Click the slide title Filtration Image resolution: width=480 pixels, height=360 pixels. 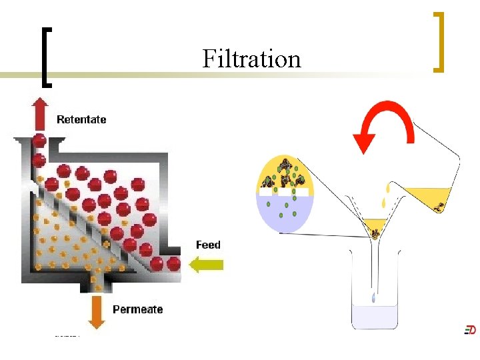(x=251, y=59)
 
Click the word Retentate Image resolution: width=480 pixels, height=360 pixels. (x=81, y=119)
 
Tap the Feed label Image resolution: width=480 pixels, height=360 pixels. (x=208, y=245)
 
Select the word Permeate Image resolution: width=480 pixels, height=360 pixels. (x=137, y=309)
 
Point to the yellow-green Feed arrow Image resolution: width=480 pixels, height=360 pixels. (x=207, y=265)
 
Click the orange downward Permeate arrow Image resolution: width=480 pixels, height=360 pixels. (x=97, y=312)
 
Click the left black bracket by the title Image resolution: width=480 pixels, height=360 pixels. (x=45, y=57)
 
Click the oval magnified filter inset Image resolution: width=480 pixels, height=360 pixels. (x=285, y=193)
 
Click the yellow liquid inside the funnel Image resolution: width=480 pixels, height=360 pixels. (x=375, y=225)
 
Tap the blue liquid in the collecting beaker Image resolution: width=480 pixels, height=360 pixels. (x=375, y=316)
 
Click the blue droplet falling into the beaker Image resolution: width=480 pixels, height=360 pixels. (x=374, y=298)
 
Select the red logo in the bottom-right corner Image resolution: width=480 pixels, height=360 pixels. (x=470, y=329)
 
